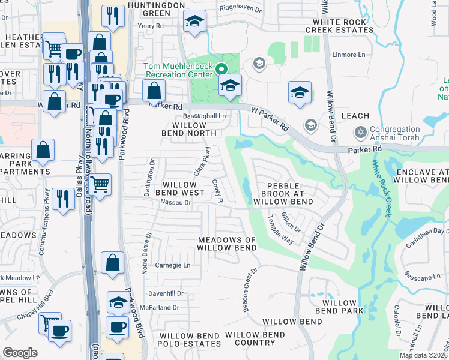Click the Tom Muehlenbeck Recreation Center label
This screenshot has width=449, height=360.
pos(178,70)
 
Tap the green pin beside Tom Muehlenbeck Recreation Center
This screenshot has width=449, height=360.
pos(221,70)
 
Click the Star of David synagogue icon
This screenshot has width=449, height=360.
pos(360,131)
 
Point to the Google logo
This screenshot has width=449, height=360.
pos(20,352)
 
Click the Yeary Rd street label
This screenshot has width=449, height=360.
pos(151,26)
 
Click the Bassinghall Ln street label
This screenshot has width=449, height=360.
pos(204,115)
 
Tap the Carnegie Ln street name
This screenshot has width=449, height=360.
pos(173,265)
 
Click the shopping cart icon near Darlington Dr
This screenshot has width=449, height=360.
pos(100,184)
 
